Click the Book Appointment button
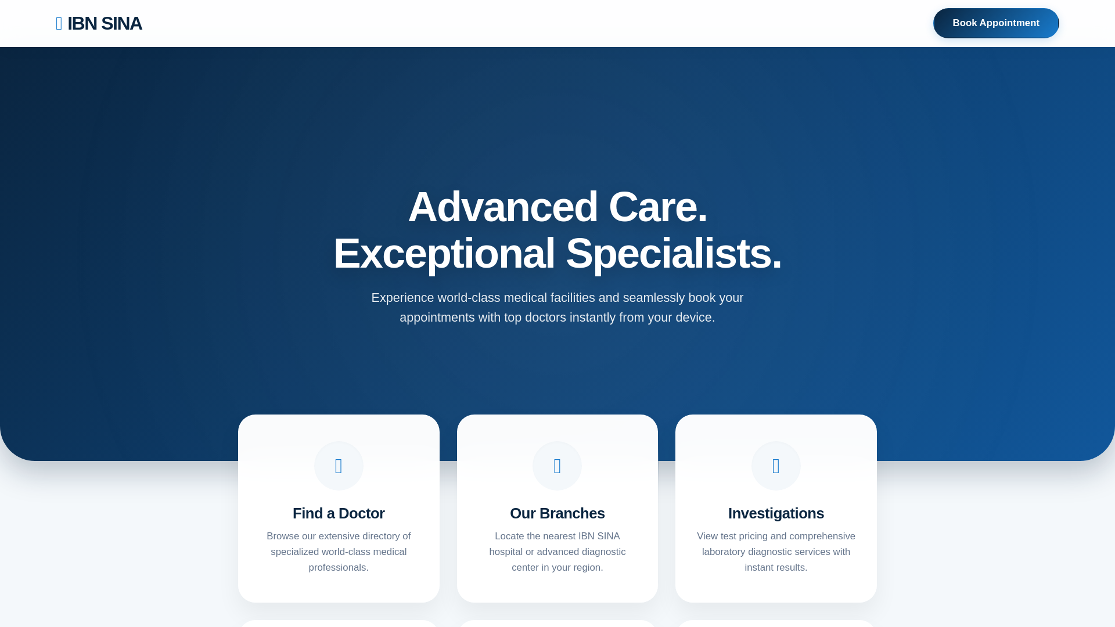pos(996,23)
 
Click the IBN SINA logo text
pos(105,23)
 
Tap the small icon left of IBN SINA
pos(59,23)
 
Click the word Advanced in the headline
pos(503,207)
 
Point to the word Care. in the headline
pos(658,207)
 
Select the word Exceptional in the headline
pos(444,254)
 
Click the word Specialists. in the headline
pos(674,254)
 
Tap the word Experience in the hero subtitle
pos(402,298)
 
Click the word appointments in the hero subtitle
pos(437,318)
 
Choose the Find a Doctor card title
pos(339,513)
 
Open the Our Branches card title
pos(557,513)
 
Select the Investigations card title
pos(776,513)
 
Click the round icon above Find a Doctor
pos(339,466)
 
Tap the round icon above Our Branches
pos(557,466)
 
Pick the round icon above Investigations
pos(776,466)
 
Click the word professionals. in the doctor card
pos(339,568)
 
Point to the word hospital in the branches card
pos(506,552)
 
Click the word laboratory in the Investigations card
pos(724,552)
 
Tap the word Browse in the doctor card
pos(283,536)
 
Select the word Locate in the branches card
pos(509,536)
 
